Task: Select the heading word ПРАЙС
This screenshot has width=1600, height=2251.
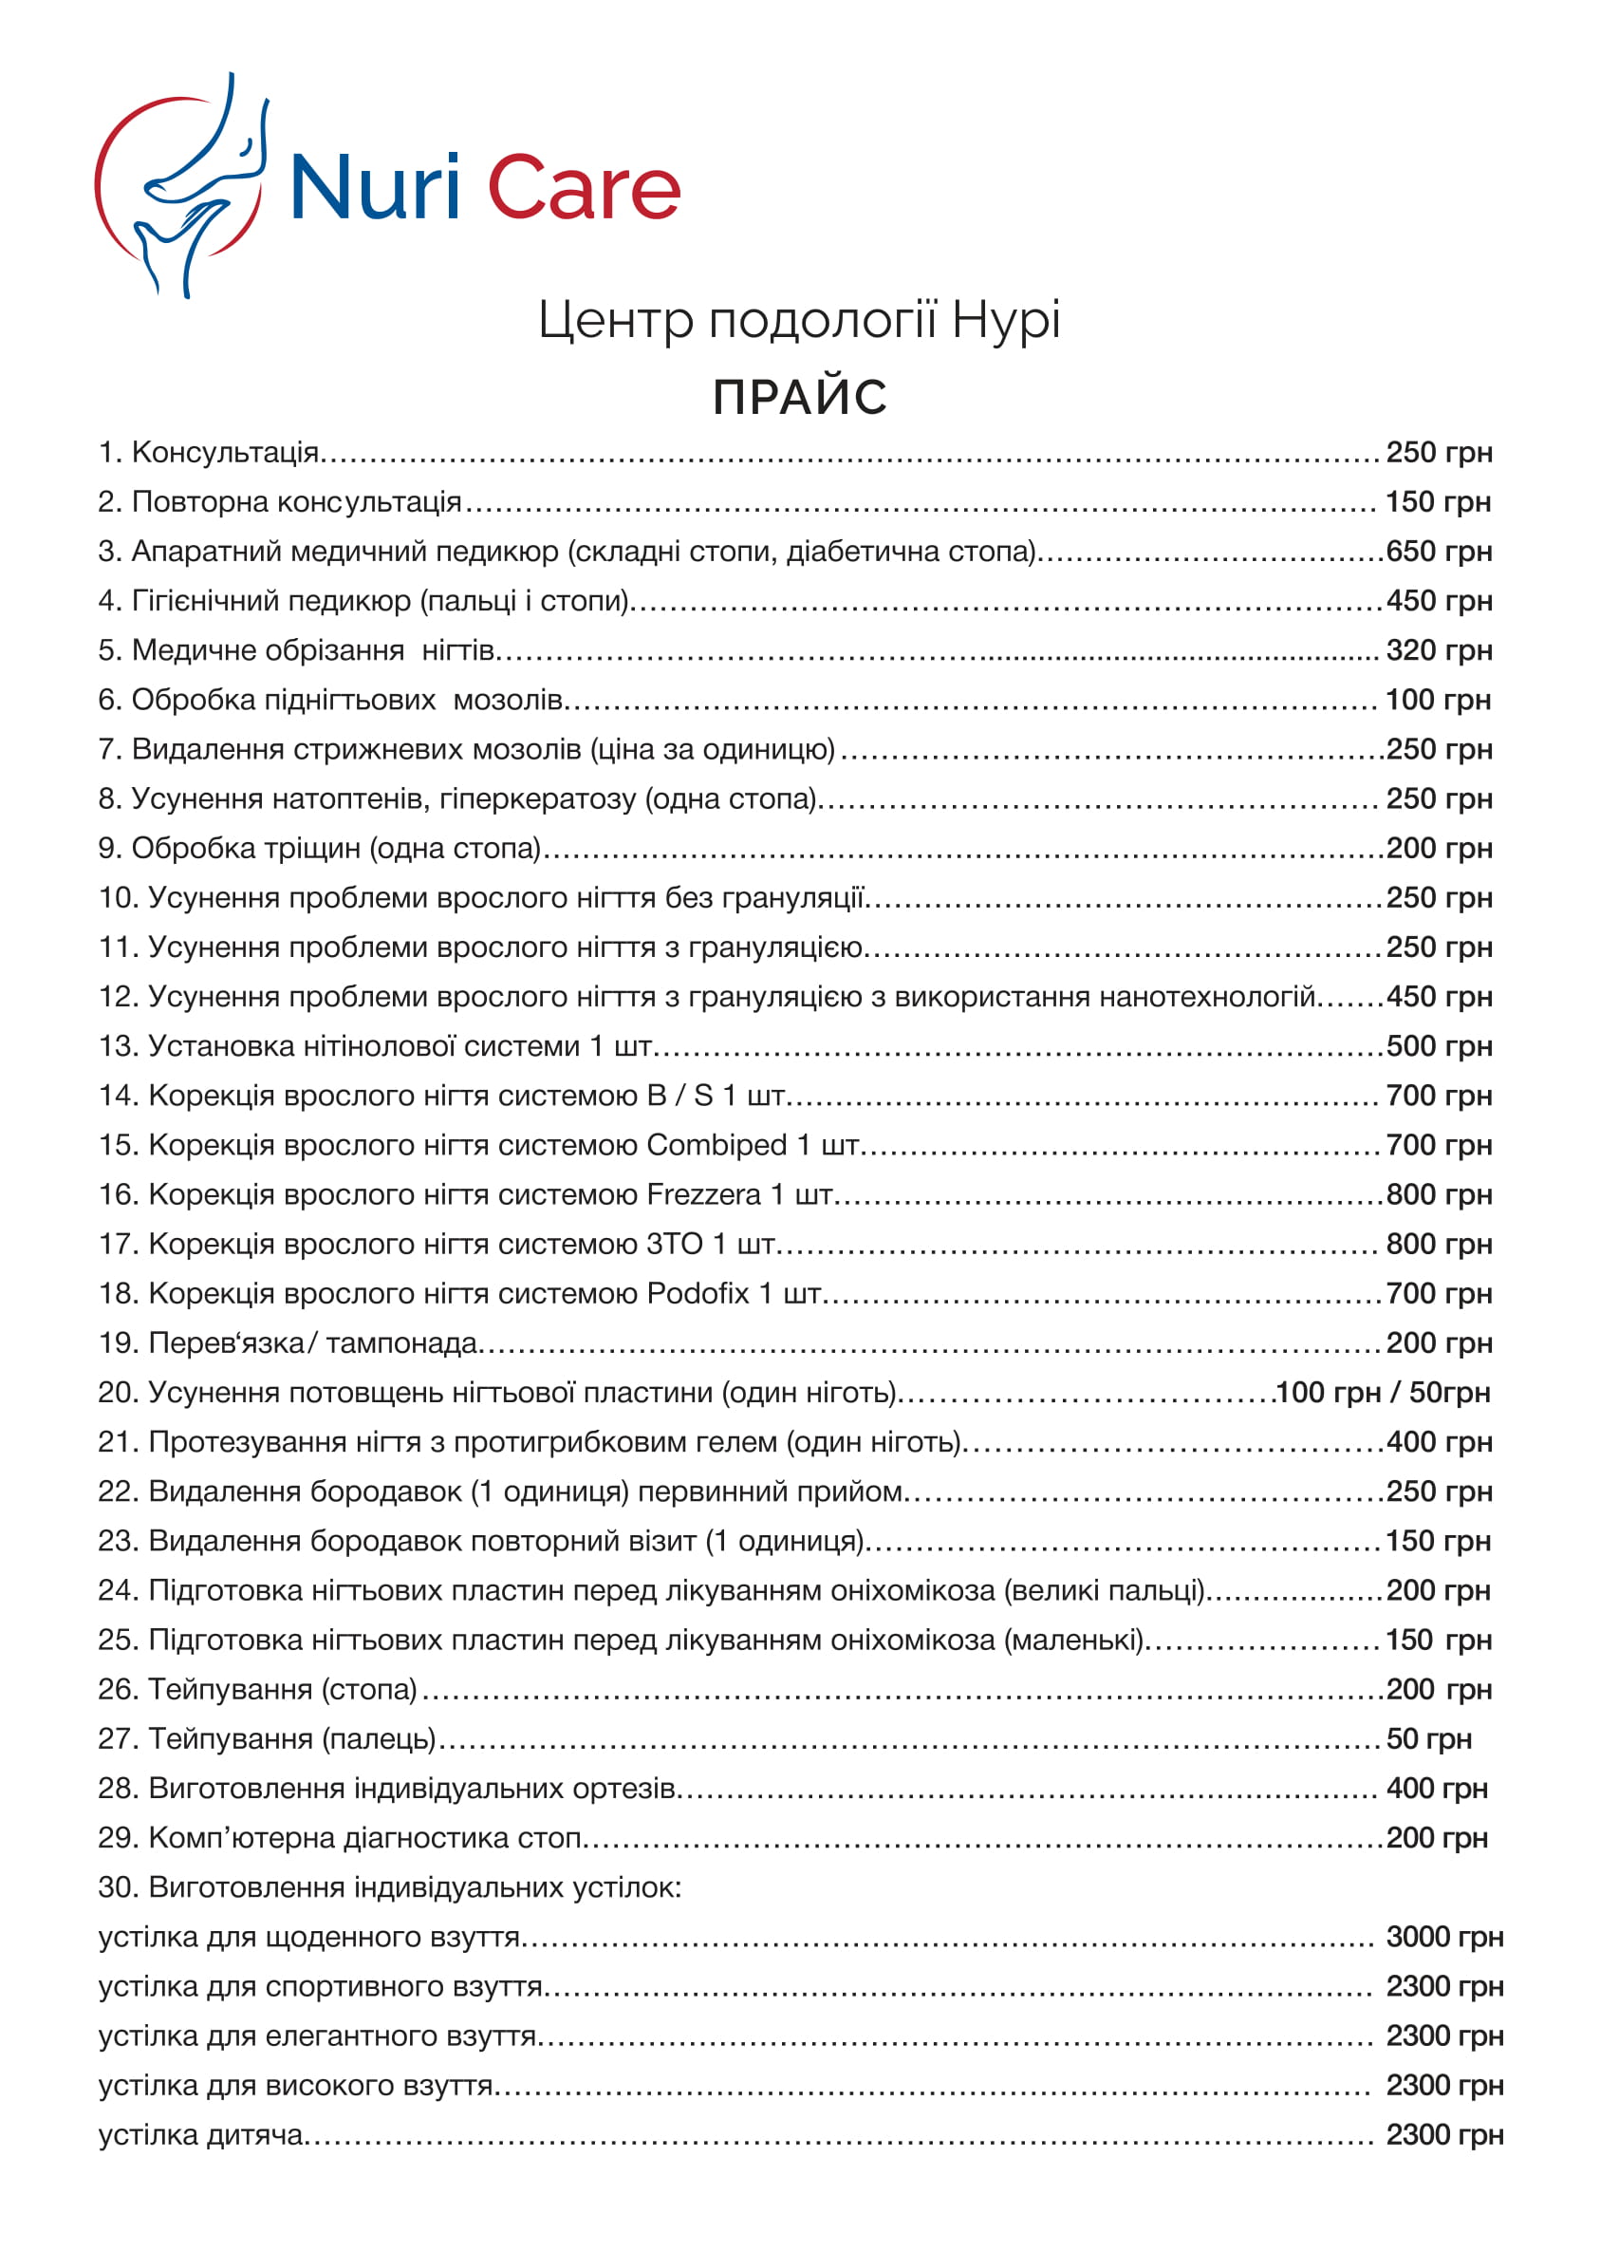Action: coord(800,397)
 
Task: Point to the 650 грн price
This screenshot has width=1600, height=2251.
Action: coord(1439,551)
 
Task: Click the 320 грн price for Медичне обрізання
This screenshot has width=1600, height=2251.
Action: coord(1439,650)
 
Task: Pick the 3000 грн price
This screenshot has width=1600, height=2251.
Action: coord(1444,1937)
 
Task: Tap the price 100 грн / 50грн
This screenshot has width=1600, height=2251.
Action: coord(1383,1393)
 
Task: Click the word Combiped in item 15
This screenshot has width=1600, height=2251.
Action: coord(716,1145)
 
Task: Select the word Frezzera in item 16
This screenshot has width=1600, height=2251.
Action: coord(703,1194)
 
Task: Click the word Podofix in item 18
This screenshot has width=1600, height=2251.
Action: coord(698,1293)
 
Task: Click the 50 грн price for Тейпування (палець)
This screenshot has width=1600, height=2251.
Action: coord(1428,1738)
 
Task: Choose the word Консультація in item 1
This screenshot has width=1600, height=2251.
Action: coord(225,452)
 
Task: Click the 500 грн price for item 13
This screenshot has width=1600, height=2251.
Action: coord(1439,1045)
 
